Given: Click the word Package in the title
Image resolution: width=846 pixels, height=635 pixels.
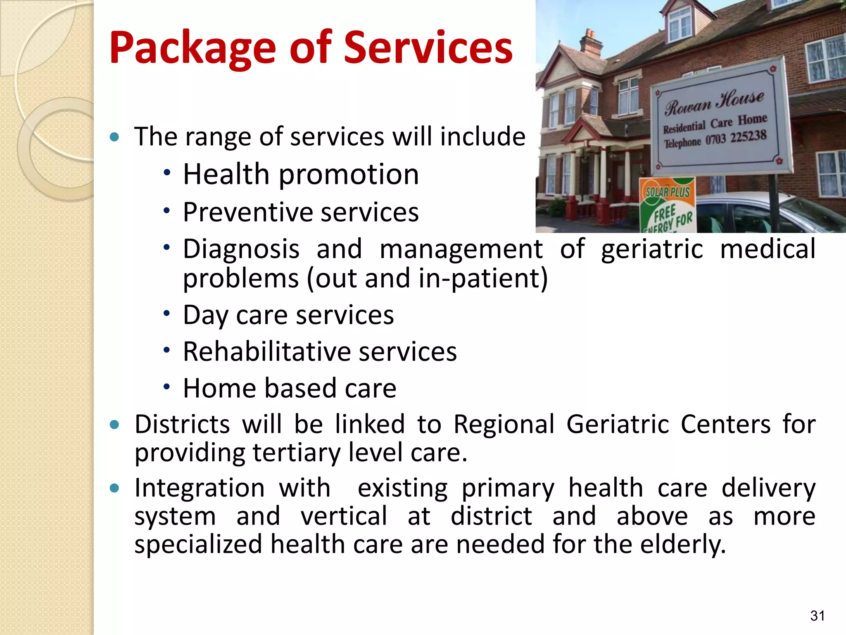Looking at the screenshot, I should tap(192, 49).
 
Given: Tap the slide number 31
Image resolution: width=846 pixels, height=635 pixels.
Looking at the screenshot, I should tap(817, 616).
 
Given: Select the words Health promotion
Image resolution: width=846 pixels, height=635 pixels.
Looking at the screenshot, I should tap(301, 174).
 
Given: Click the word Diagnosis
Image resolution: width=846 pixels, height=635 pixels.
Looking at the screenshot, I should tap(241, 249).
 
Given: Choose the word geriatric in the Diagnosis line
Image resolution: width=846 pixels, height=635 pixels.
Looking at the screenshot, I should tap(652, 249).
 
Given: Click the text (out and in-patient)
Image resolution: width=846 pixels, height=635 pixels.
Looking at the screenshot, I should tap(427, 279).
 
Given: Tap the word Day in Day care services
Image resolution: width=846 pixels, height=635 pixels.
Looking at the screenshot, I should tap(205, 316).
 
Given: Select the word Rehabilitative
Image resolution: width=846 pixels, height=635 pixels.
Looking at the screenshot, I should tap(266, 352).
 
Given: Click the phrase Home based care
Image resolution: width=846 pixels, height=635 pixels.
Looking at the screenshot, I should tap(290, 389).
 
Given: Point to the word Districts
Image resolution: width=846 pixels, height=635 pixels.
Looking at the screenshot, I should tap(182, 425).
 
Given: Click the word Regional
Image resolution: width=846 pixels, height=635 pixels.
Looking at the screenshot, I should tap(504, 425).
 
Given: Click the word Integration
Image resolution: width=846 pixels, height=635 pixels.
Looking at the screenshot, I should tap(199, 488).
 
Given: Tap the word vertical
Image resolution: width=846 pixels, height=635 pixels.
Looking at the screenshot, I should tap(344, 516).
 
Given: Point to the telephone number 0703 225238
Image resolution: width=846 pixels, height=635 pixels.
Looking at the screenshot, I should tap(736, 138).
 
